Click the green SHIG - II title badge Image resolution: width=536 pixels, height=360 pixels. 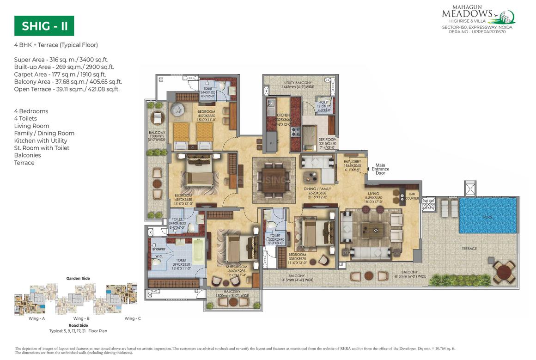[44, 26]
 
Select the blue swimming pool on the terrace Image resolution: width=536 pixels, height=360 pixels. [487, 216]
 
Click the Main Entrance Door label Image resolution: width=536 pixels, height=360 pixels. [380, 169]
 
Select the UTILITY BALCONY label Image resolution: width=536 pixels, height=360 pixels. [298, 84]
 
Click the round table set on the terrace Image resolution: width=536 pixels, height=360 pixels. [503, 272]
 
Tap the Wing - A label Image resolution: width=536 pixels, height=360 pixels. [36, 318]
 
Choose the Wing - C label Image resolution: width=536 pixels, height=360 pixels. [133, 318]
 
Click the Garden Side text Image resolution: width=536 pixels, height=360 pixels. [78, 278]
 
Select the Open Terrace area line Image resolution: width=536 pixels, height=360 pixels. [67, 89]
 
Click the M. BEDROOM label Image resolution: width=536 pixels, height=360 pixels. [237, 267]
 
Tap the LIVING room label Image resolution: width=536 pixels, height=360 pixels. [373, 194]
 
